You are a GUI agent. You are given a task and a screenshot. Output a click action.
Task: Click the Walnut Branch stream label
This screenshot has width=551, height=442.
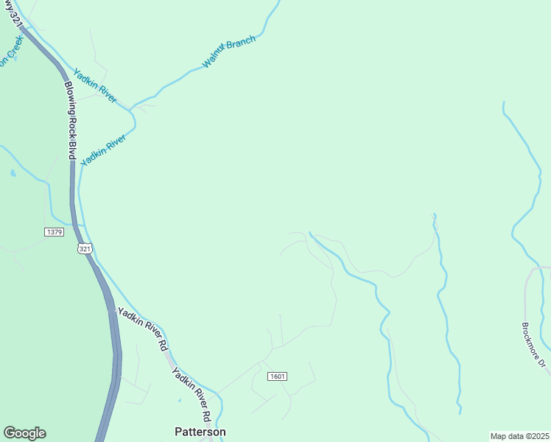(x=229, y=52)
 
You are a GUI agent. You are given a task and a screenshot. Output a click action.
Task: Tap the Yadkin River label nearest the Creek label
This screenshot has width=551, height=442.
(x=94, y=85)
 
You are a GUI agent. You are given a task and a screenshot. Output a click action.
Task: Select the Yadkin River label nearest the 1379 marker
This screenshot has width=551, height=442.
(x=104, y=149)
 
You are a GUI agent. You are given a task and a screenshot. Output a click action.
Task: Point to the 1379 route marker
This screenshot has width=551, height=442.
(x=54, y=232)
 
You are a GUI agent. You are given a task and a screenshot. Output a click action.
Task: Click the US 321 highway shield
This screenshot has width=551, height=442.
(x=85, y=249)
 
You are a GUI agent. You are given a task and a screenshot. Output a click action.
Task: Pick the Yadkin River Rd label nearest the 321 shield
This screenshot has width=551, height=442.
(x=143, y=328)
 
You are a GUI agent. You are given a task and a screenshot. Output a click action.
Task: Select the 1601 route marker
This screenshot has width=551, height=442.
(x=277, y=376)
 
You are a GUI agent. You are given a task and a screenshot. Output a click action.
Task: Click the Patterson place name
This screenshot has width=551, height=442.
(x=200, y=432)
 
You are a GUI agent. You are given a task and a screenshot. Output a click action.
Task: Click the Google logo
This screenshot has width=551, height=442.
(x=24, y=433)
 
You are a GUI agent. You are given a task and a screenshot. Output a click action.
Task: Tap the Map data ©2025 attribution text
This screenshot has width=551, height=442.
(x=519, y=436)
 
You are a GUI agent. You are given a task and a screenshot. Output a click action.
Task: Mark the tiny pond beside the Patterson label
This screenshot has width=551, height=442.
(x=179, y=401)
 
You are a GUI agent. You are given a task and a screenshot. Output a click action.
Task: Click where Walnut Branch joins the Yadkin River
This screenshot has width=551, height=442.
(x=131, y=110)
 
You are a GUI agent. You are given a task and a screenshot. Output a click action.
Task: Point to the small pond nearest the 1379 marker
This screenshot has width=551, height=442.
(x=13, y=174)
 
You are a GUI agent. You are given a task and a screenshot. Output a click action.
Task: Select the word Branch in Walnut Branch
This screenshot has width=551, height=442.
(x=241, y=46)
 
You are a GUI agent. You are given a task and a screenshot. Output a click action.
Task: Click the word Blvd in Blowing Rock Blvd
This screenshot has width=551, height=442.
(x=72, y=152)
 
